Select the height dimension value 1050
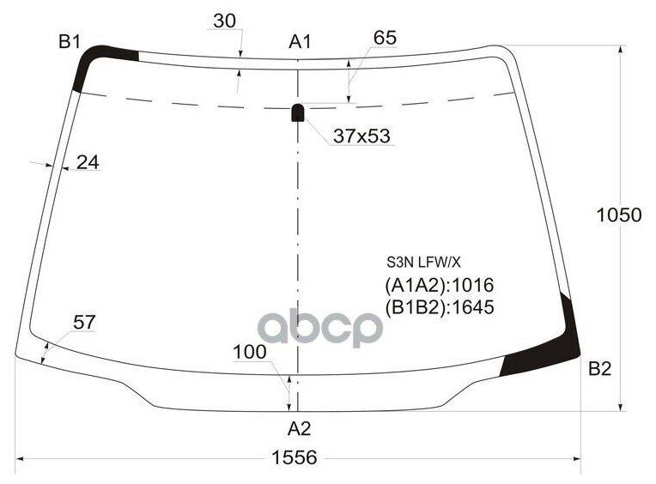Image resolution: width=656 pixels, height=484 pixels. click(619, 215)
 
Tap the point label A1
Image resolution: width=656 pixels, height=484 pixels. click(300, 40)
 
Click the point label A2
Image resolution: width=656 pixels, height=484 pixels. click(298, 428)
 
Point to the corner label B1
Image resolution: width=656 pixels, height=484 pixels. click(70, 40)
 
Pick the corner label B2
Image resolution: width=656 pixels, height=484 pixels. click(599, 369)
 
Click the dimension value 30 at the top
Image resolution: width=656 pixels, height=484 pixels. click(225, 21)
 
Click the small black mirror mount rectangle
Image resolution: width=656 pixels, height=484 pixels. click(298, 112)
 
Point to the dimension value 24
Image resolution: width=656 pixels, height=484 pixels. click(87, 161)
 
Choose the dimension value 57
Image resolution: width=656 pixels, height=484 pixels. click(84, 323)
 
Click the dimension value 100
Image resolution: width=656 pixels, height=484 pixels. click(249, 352)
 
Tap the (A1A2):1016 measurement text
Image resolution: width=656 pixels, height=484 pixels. click(438, 286)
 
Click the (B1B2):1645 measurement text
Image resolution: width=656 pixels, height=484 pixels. click(438, 307)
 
